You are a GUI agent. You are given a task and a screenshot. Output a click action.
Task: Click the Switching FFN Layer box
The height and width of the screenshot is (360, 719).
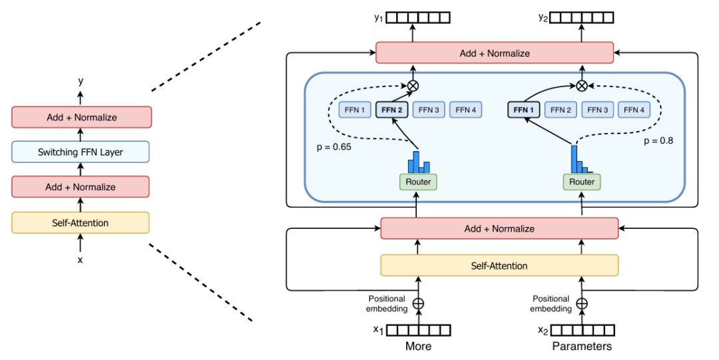[81, 152]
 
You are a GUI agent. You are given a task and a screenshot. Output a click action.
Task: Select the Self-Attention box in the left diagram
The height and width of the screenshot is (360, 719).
[81, 223]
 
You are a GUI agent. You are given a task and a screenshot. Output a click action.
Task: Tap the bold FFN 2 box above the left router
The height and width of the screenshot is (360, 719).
[392, 110]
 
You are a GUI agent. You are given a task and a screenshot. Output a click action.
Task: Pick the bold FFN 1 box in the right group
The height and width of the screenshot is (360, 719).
[524, 110]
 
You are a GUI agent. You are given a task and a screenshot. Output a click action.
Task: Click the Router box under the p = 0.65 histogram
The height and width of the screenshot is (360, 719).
[418, 182]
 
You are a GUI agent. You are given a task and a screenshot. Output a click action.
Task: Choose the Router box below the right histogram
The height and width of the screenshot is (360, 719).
[582, 182]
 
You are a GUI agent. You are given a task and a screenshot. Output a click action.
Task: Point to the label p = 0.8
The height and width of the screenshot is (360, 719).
[658, 141]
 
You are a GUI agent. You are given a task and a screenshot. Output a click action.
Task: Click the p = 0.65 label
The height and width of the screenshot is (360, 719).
[334, 147]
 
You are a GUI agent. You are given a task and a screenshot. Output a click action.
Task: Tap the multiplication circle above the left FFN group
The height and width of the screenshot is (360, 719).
[413, 85]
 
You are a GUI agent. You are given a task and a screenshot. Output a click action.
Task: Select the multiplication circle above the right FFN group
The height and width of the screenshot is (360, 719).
[582, 85]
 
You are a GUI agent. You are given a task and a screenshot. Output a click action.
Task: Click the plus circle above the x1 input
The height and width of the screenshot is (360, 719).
[418, 303]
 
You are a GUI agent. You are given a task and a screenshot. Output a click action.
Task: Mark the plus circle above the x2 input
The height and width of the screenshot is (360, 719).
[582, 303]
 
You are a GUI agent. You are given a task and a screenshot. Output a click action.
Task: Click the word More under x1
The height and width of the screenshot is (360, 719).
[418, 346]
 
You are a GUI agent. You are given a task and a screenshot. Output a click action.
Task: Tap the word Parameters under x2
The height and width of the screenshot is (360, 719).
[582, 346]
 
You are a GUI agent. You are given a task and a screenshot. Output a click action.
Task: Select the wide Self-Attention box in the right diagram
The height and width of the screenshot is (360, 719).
[499, 266]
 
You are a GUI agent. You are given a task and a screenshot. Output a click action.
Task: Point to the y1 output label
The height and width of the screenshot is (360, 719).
[378, 18]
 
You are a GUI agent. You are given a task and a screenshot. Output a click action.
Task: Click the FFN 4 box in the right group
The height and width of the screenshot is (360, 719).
[634, 110]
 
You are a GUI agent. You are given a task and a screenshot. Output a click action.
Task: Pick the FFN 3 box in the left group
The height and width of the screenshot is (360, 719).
[429, 110]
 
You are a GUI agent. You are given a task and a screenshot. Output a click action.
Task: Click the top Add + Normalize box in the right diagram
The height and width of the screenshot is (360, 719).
[495, 53]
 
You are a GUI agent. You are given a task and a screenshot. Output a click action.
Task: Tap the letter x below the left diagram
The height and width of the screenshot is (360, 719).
[81, 260]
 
